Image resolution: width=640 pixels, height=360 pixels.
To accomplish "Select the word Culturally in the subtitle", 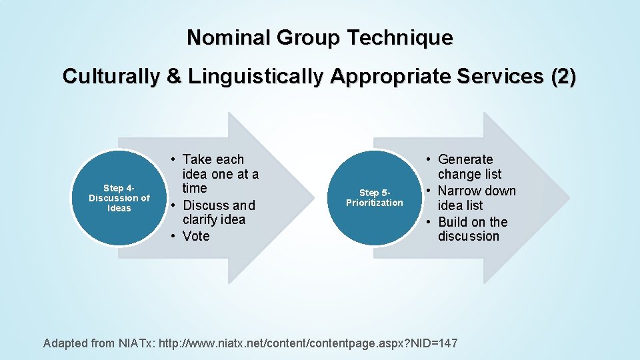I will (111, 77).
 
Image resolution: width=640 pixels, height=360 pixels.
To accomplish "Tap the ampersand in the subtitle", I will (175, 77).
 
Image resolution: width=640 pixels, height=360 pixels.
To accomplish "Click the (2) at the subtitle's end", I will (563, 77).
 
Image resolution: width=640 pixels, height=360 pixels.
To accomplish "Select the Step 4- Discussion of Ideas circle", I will (119, 198).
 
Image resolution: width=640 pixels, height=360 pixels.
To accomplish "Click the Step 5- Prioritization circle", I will (374, 198).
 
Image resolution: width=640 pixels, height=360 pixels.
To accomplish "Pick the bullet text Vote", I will (196, 236).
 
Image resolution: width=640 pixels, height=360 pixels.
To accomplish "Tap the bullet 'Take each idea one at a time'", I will (220, 173).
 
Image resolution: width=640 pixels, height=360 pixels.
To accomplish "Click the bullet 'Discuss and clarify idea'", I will (219, 212).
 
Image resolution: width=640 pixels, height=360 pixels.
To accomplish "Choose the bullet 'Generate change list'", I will (469, 167).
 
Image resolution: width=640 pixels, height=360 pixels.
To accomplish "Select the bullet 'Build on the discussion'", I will (472, 229).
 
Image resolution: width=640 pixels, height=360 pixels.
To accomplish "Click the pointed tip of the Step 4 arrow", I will (313, 198).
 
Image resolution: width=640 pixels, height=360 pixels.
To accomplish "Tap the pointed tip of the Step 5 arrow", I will (569, 198).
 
